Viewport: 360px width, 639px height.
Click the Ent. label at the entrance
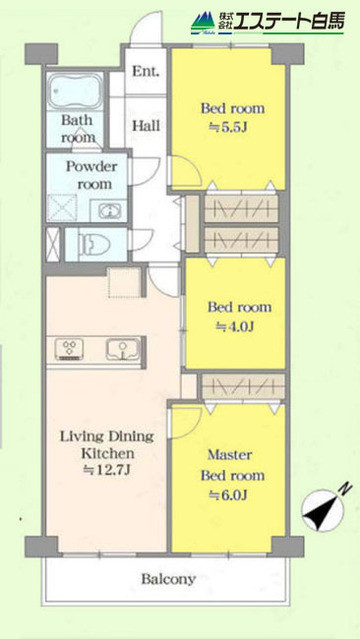click(147, 71)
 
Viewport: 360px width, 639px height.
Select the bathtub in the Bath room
click(76, 92)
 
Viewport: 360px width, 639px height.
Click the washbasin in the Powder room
click(107, 210)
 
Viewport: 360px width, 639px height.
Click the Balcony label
click(167, 579)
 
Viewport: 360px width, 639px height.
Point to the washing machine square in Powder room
click(65, 208)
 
